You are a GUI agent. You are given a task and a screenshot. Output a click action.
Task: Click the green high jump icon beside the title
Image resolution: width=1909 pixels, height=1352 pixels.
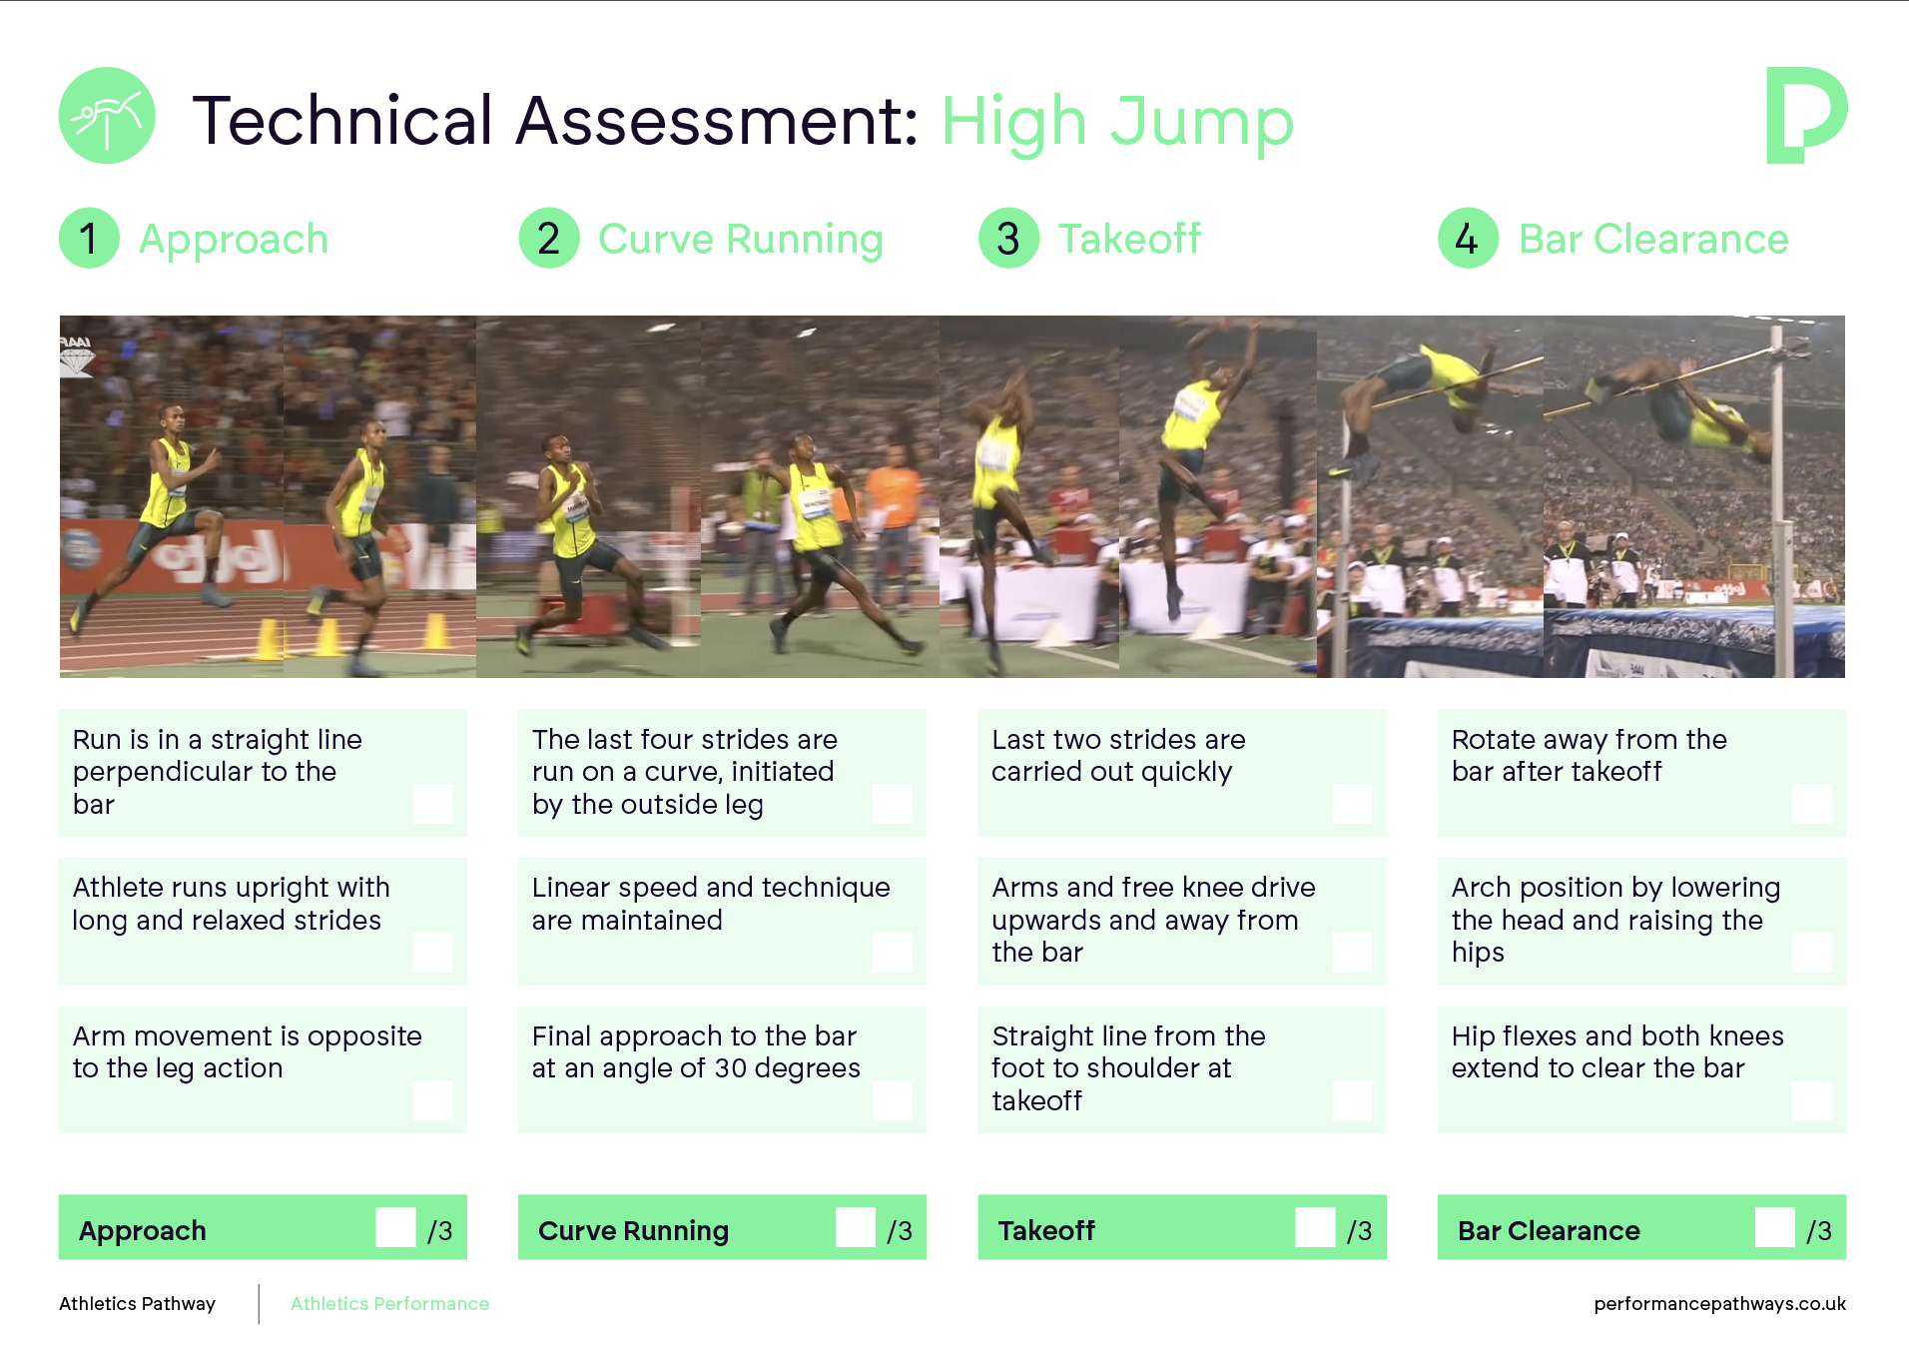tap(107, 116)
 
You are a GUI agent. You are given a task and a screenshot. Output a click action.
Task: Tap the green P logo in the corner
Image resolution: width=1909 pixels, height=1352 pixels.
tap(1805, 115)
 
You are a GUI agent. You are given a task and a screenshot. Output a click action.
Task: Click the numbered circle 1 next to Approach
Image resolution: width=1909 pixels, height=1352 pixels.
tap(89, 239)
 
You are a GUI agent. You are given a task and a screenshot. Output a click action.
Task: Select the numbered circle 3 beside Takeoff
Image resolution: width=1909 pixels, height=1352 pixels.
tap(1008, 239)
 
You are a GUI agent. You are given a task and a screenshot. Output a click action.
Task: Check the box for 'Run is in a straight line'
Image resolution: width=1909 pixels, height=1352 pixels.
tap(432, 803)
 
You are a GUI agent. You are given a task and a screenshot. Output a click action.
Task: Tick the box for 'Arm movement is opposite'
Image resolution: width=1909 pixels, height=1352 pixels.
tap(432, 1100)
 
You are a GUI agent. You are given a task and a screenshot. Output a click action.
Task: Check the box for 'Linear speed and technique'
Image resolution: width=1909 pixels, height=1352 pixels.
tap(892, 953)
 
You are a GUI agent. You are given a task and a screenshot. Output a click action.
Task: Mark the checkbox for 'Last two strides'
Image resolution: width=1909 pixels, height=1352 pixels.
tap(1352, 803)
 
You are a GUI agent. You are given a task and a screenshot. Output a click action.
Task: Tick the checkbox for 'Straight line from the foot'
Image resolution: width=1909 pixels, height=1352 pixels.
tap(1352, 1100)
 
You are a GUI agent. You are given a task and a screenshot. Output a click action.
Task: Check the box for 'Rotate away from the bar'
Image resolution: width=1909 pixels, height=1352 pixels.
tap(1811, 803)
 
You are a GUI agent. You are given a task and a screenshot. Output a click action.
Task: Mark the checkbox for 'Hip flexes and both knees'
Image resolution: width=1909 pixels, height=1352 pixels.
tap(1811, 1100)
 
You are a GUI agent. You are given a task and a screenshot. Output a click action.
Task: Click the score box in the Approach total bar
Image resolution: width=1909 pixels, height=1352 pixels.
tap(395, 1227)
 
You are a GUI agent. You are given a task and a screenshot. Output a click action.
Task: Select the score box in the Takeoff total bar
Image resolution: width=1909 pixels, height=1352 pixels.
tap(1315, 1227)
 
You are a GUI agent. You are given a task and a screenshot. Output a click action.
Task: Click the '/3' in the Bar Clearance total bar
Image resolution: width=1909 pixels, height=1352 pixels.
tap(1819, 1231)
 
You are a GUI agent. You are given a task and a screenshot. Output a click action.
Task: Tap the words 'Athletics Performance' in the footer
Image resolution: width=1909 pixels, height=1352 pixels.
tap(389, 1303)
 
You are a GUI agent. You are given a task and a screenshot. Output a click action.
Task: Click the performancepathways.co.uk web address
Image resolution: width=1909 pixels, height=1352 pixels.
tap(1719, 1304)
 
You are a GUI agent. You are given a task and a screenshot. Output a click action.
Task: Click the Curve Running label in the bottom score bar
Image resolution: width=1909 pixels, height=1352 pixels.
tap(633, 1231)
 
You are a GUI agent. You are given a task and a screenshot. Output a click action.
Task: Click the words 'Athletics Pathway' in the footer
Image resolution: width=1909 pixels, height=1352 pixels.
tap(137, 1304)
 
